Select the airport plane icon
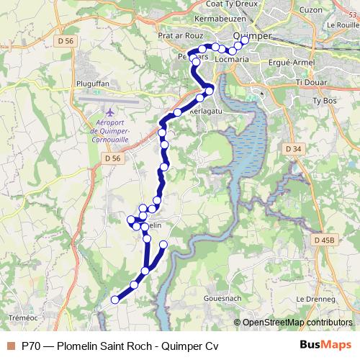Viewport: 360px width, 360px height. pos(109,112)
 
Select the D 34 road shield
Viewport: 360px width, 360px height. pos(292,148)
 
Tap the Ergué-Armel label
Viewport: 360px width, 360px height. pos(292,64)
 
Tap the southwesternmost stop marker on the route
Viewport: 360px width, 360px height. pos(114,300)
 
